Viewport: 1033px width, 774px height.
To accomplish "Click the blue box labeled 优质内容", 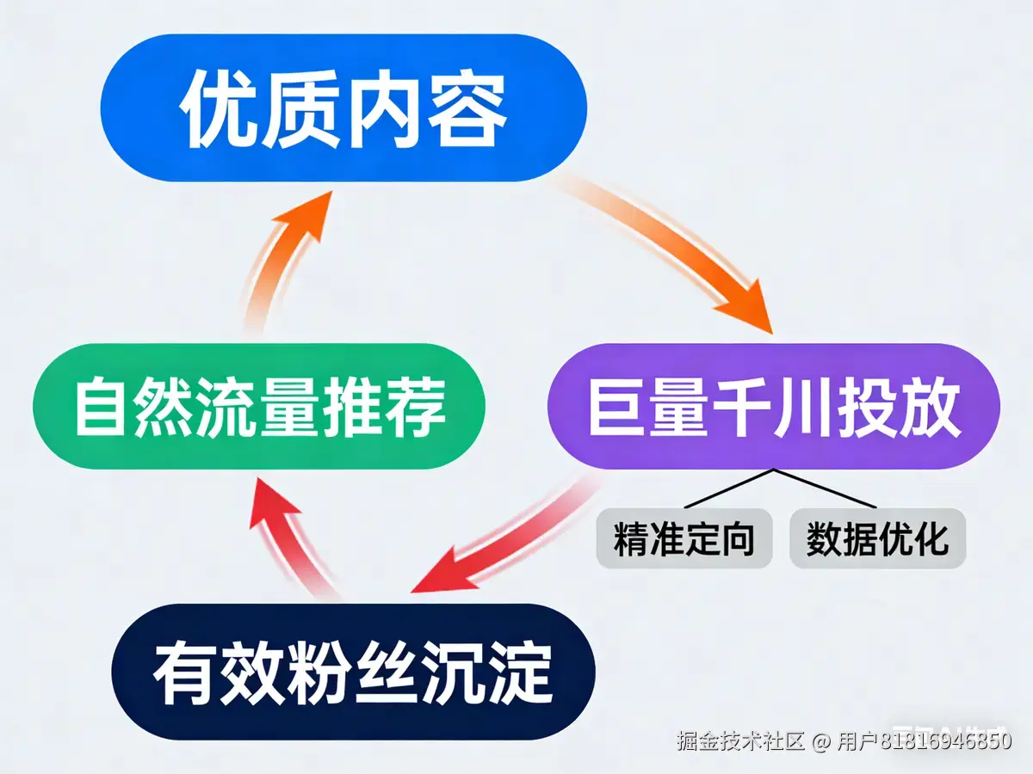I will tap(343, 107).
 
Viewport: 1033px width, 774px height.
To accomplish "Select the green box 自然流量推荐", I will tap(258, 406).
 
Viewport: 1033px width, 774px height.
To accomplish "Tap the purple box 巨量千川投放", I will tap(773, 406).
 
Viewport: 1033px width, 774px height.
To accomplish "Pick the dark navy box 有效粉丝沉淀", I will tap(353, 671).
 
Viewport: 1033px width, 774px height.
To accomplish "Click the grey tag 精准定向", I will tap(684, 539).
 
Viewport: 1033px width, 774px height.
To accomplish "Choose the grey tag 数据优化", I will tap(877, 539).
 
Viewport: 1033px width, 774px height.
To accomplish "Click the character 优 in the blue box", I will tap(216, 110).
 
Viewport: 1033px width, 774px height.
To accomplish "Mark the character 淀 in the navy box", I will tap(520, 672).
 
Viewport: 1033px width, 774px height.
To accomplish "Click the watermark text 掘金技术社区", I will tap(740, 740).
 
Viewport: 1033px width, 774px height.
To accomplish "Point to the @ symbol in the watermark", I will tap(822, 740).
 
